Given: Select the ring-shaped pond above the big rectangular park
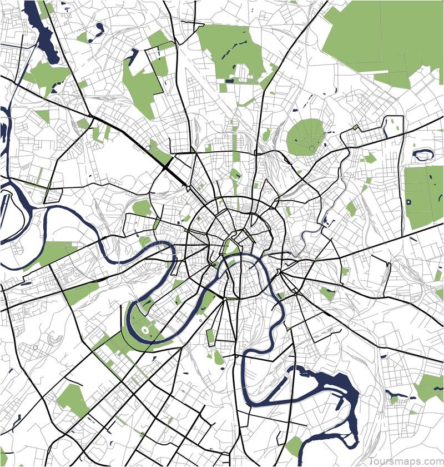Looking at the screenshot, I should click(423, 155).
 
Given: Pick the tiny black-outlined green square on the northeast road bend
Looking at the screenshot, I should click(356, 127).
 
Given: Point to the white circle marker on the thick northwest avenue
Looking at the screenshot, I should click(148, 147).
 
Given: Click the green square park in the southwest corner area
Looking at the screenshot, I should click(73, 399).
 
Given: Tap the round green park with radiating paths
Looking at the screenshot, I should click(305, 137).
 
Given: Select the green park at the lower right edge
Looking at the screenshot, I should click(430, 386).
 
